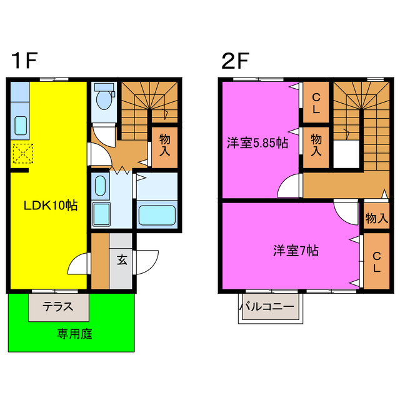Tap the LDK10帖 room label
coord(50,205)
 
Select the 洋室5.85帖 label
coord(257,143)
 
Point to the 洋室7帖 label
coord(296,251)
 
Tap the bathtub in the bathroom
coord(156,215)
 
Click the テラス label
coord(58,307)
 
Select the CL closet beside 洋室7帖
coord(376,262)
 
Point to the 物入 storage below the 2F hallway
coord(376,218)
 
